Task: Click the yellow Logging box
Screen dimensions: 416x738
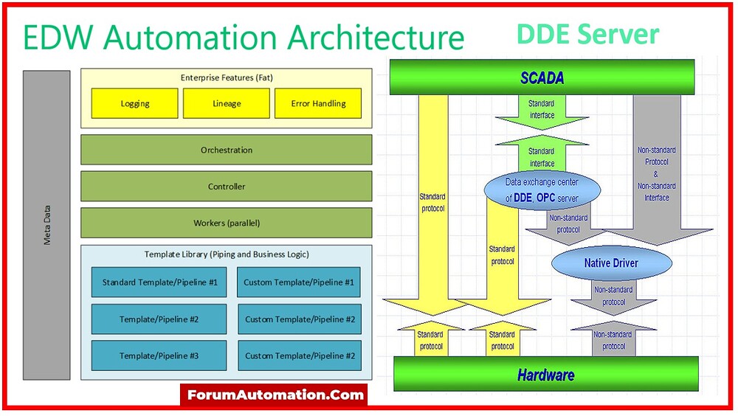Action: point(134,104)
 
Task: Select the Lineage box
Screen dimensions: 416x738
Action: point(227,104)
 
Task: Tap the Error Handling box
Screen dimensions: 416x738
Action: point(318,104)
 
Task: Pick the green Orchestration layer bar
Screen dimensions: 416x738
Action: point(227,150)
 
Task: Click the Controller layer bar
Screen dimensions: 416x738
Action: point(227,187)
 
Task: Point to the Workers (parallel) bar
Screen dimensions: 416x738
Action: point(227,223)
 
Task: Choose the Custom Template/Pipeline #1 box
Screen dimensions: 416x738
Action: point(300,282)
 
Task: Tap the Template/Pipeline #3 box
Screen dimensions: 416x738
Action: point(159,356)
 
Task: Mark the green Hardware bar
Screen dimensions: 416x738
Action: point(545,374)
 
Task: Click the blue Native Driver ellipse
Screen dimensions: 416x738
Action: point(611,263)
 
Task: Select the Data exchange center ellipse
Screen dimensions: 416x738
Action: point(542,190)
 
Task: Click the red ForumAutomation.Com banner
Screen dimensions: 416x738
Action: point(274,395)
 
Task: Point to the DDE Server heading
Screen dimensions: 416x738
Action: point(587,35)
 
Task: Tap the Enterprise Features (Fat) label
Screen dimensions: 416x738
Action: point(227,77)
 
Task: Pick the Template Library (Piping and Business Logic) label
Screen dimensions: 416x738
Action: point(227,254)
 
